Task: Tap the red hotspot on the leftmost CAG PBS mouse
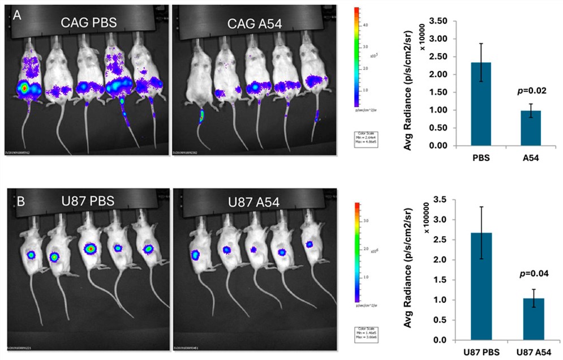pos(23,88)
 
